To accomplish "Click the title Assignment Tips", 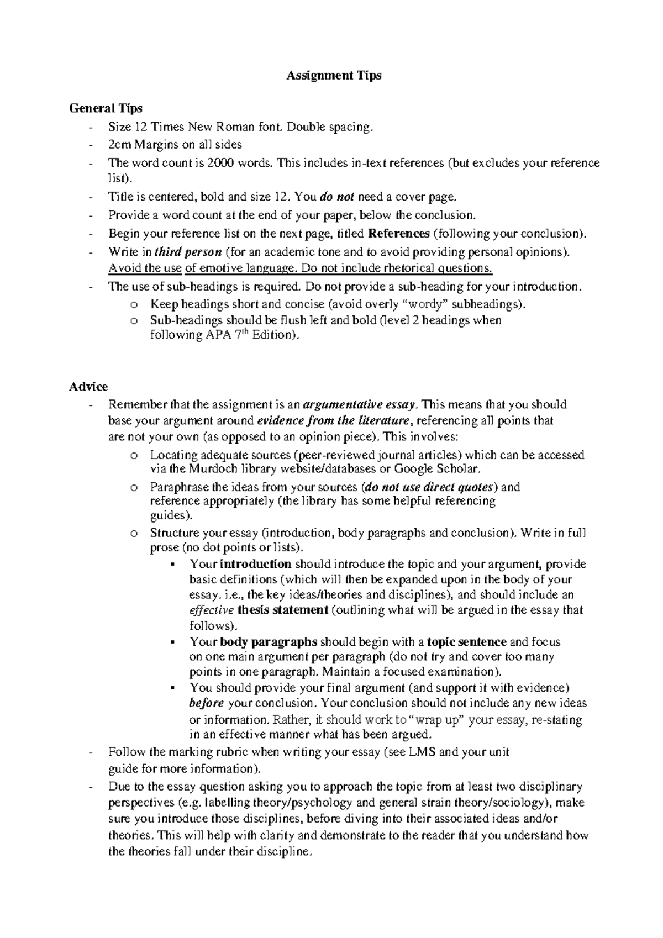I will tap(334, 76).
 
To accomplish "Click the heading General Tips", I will tap(106, 108).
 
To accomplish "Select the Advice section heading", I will tap(88, 387).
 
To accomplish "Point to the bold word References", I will tap(398, 234).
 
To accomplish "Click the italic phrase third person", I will tap(188, 252).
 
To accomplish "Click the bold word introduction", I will tap(255, 565).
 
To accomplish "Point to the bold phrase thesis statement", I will tap(283, 610).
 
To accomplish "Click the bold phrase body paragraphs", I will tap(269, 642).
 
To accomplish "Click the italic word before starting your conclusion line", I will tap(207, 704).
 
